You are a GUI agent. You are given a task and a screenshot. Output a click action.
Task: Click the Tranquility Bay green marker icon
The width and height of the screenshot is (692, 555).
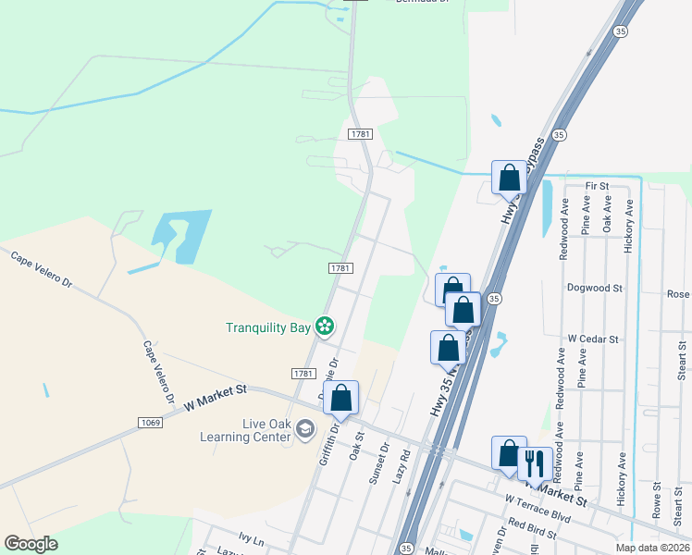(324, 326)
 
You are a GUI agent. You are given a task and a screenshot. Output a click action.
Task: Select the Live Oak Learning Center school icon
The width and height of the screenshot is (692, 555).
(306, 430)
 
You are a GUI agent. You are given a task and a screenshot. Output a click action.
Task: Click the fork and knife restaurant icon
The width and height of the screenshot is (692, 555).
(535, 462)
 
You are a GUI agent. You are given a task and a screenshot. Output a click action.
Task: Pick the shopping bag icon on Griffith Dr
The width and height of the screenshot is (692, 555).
(340, 398)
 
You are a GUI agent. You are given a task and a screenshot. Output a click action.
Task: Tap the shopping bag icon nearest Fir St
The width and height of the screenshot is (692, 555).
(509, 176)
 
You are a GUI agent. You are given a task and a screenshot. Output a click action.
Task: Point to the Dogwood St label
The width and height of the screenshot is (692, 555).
(595, 288)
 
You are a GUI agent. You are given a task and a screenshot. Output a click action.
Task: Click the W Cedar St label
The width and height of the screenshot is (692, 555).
(593, 339)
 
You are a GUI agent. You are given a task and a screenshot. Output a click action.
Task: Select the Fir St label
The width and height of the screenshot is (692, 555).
(597, 186)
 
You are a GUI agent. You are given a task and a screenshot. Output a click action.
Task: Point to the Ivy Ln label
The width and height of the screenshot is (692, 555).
(251, 539)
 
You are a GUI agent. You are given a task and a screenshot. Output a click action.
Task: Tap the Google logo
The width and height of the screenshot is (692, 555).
(31, 544)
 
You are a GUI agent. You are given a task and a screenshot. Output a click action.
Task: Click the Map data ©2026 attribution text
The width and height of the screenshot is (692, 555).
(651, 548)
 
